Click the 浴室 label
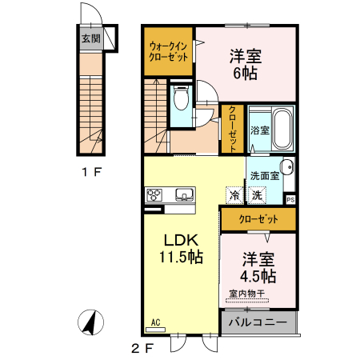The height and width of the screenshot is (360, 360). [258, 130]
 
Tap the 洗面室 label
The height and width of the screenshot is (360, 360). [263, 175]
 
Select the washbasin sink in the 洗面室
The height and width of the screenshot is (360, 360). [287, 167]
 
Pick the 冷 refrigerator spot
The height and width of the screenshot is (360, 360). [234, 194]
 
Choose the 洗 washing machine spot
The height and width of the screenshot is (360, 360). [257, 194]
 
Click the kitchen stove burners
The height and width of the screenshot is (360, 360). [154, 194]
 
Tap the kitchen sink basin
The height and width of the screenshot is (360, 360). [184, 194]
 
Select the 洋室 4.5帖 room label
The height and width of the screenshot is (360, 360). [258, 267]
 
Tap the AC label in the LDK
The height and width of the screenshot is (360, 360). [154, 322]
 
